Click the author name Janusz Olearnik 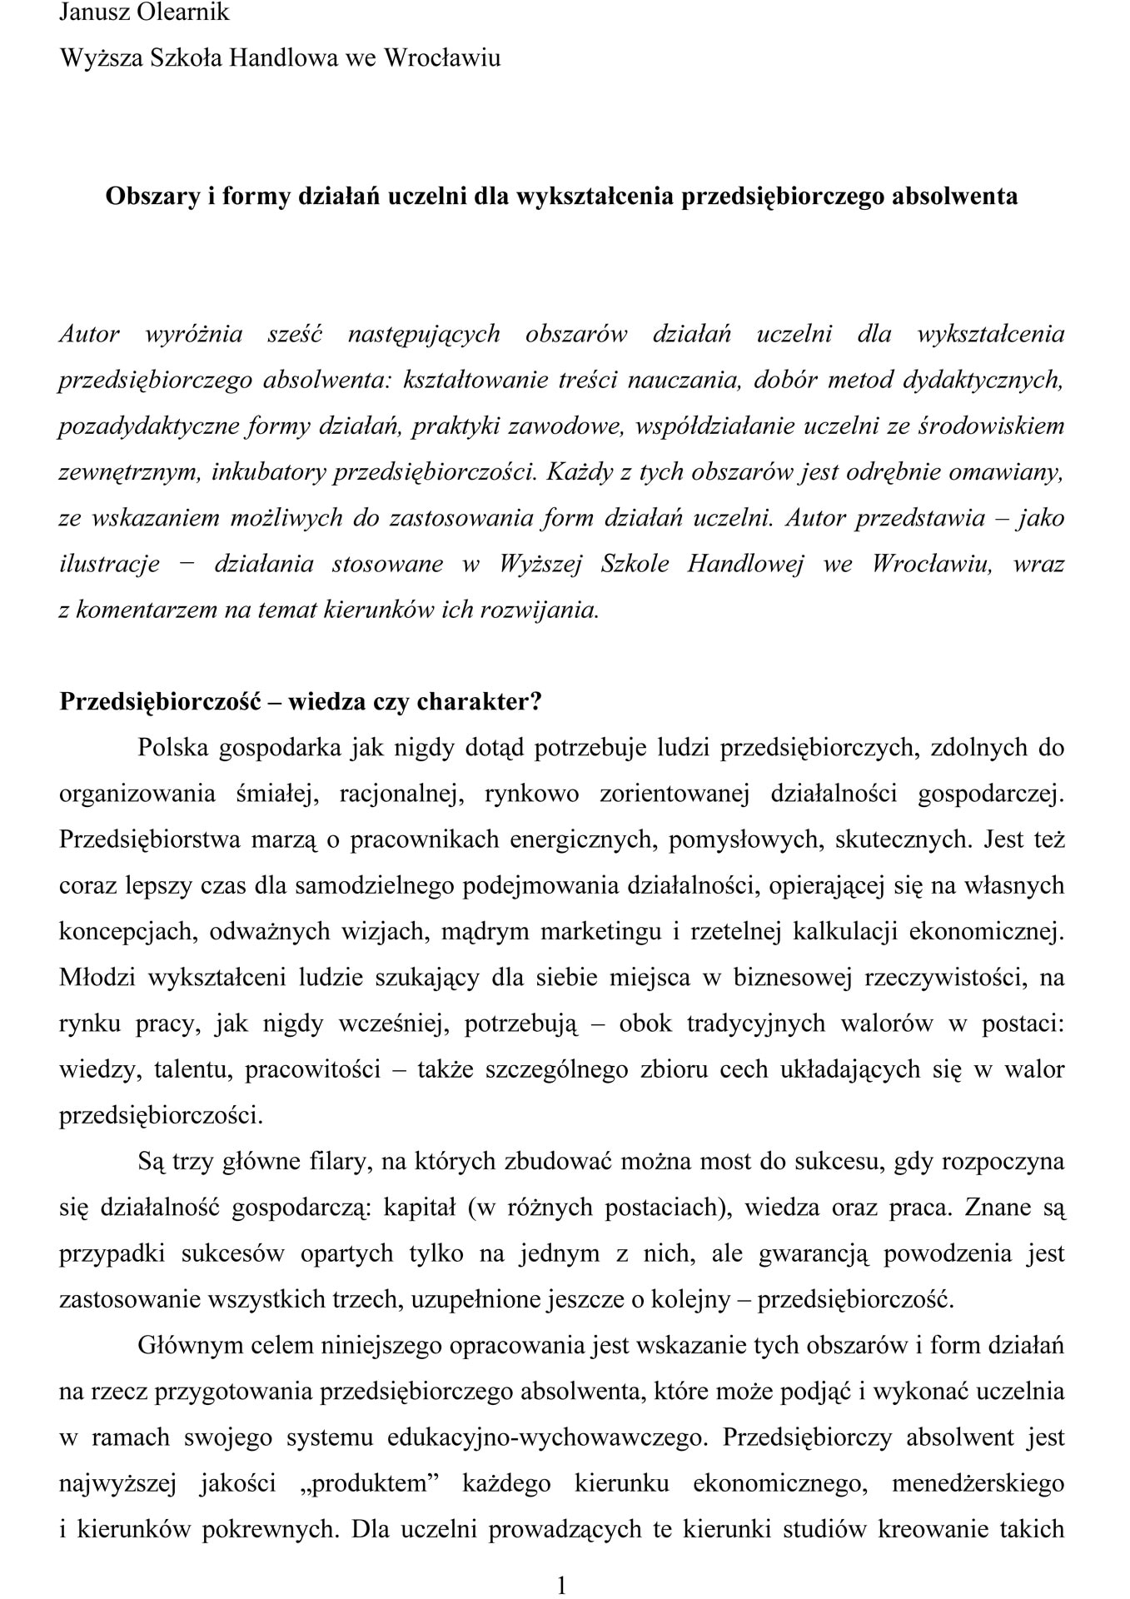pyautogui.click(x=144, y=12)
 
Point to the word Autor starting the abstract pyautogui.click(x=89, y=334)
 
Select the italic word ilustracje pyautogui.click(x=109, y=564)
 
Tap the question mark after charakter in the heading pyautogui.click(x=536, y=701)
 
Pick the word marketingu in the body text pyautogui.click(x=601, y=930)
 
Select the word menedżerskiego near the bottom pyautogui.click(x=978, y=1482)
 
